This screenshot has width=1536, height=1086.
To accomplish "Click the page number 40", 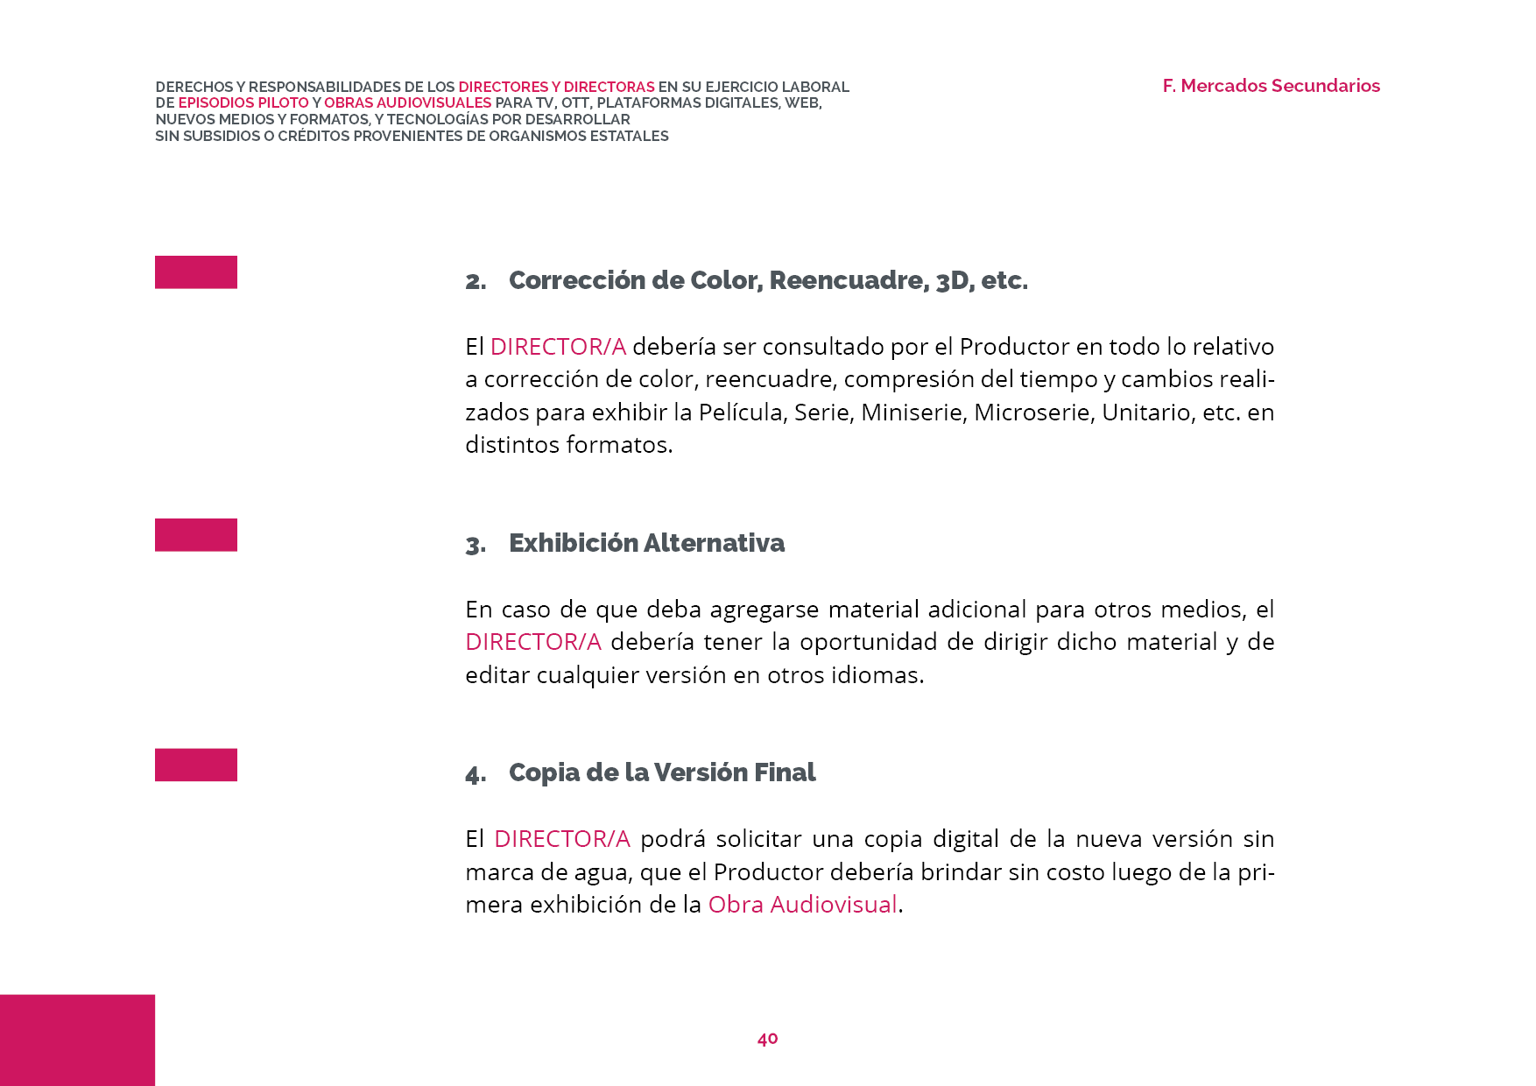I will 767,1039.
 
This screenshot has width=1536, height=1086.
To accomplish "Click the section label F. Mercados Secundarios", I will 1271,86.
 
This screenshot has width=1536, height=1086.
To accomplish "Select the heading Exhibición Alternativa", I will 646,543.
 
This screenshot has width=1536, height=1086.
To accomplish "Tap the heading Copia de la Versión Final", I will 661,772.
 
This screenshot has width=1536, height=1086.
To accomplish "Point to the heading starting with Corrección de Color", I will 768,280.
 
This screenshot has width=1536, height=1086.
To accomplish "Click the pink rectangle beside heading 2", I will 196,271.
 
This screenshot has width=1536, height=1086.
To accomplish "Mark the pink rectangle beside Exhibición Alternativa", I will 196,534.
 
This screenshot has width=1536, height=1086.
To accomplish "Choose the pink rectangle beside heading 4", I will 196,765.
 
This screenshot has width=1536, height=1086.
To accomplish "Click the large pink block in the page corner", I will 77,1040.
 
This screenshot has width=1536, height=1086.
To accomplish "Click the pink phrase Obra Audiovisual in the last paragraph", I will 802,905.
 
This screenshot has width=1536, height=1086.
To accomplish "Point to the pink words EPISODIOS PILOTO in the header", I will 243,103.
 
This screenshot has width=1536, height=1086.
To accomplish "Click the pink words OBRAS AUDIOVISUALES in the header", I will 407,103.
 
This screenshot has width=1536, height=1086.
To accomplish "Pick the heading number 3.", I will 476,545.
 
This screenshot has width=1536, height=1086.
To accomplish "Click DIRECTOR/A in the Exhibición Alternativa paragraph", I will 532,642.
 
